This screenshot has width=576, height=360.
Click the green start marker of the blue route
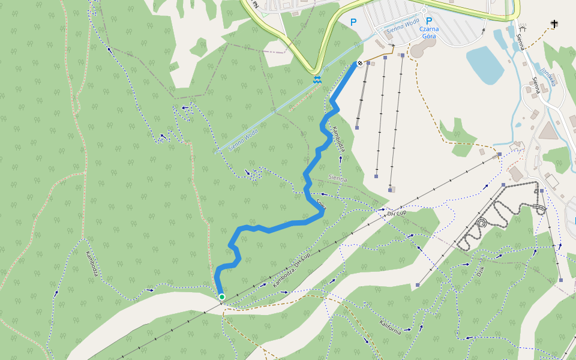222,297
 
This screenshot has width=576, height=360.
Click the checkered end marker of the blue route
359,63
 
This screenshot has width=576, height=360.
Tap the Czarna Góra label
429,32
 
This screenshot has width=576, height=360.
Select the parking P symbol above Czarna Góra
429,20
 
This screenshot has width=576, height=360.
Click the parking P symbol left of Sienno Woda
353,22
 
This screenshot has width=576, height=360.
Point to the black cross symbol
553,24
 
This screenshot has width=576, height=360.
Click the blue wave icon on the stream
316,80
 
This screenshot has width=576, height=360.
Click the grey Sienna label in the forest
338,178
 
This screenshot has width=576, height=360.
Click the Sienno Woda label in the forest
243,139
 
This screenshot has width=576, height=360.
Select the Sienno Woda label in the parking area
403,25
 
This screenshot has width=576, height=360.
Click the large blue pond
484,64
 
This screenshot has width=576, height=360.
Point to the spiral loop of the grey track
481,224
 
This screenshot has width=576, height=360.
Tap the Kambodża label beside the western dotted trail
92,264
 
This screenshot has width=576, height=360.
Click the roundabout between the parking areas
424,10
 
